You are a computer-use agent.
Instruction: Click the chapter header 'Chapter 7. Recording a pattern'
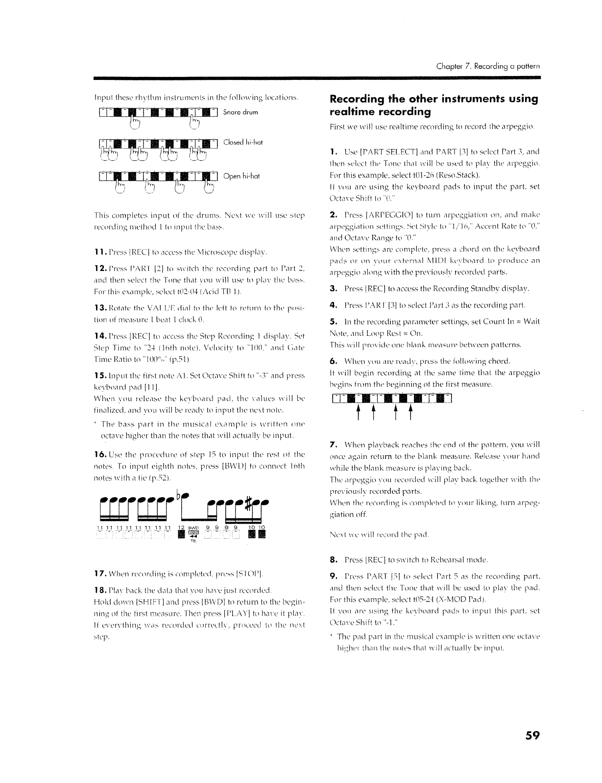pyautogui.click(x=489, y=66)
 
